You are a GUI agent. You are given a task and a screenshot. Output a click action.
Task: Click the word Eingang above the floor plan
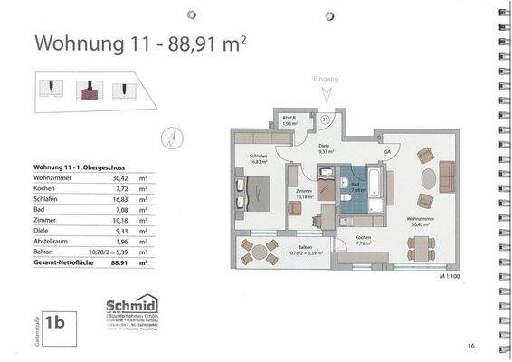(x=327, y=79)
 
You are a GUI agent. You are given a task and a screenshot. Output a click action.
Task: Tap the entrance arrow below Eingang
(x=327, y=94)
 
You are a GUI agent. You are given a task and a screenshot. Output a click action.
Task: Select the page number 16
(x=471, y=346)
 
